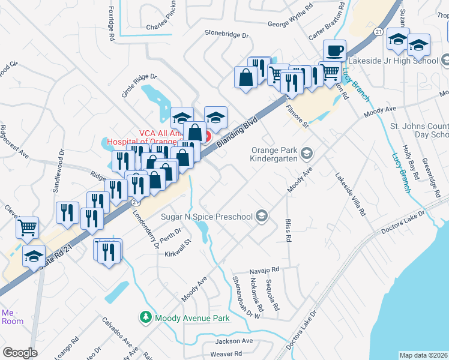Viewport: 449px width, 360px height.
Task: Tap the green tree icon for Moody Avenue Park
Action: (x=145, y=316)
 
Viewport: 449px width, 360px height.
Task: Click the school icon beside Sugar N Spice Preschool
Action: (x=261, y=215)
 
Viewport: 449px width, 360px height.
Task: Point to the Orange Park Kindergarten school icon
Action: (x=307, y=154)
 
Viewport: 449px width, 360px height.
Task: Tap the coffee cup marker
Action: (x=334, y=50)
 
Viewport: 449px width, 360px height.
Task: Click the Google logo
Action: (x=20, y=352)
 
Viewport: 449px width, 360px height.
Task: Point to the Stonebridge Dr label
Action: (x=226, y=35)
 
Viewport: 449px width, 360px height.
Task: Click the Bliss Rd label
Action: (x=288, y=230)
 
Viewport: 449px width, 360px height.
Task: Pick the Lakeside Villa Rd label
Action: (x=350, y=194)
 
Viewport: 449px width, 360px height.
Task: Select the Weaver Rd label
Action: (x=226, y=354)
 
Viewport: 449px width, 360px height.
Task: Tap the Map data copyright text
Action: (x=423, y=355)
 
